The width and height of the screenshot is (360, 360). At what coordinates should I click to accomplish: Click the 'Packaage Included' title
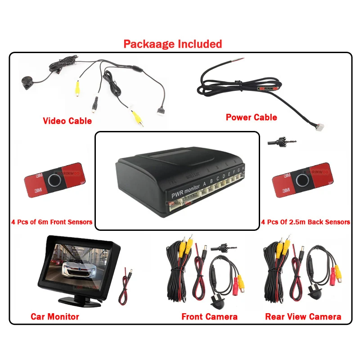coord(173,44)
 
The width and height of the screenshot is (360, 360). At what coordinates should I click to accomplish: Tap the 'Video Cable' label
coord(67,121)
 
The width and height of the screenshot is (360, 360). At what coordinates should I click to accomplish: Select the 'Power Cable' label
coord(251,117)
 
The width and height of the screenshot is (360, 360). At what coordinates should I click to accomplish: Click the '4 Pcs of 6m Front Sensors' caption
coord(52,222)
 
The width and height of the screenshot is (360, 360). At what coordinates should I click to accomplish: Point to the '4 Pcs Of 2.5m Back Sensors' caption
coord(306,222)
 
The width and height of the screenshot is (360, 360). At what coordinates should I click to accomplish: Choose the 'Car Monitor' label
coord(55,317)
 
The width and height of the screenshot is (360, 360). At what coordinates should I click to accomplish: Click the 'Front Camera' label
coord(209,317)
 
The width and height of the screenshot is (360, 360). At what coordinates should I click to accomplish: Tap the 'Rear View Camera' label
coord(303,317)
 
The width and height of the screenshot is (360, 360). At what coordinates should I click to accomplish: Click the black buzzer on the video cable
coord(26,81)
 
